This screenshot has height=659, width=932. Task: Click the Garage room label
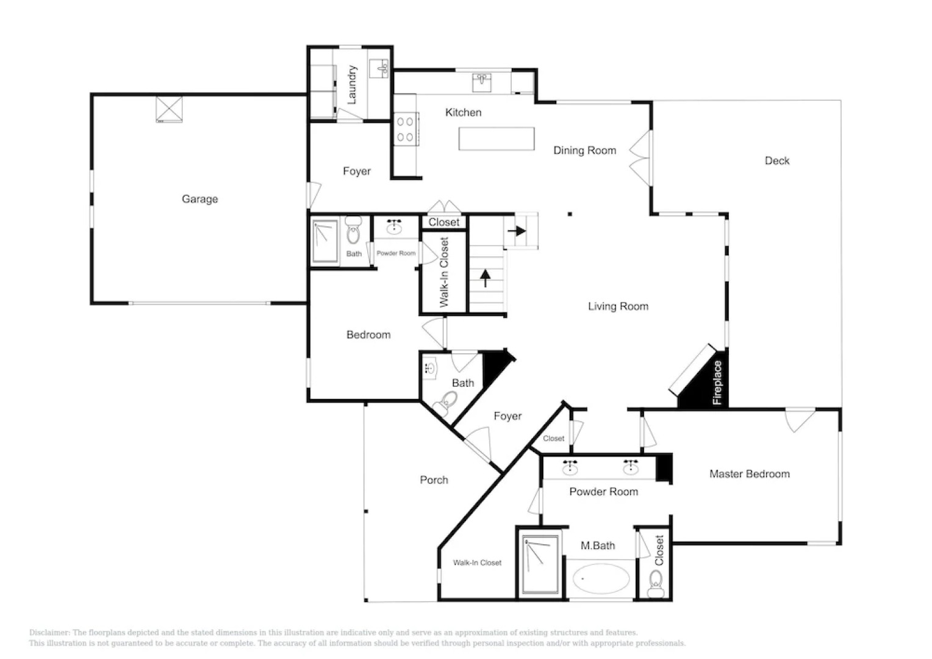coord(199,199)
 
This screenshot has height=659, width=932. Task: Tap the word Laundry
coord(352,85)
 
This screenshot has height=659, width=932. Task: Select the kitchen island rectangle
coord(496,139)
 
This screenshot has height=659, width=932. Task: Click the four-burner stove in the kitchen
coord(405,129)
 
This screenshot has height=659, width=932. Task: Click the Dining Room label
coord(584,150)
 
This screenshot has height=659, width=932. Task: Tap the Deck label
coord(776,160)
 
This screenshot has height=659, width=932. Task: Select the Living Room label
coord(618,306)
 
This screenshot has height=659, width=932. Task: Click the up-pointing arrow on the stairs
coord(486,278)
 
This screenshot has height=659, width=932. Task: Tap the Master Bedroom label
coord(749,474)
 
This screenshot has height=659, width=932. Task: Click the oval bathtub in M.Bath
coord(601,578)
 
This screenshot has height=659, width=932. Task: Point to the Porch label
coord(434,480)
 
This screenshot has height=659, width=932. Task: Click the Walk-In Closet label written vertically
coord(444,272)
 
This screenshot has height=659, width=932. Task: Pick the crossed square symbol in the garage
coord(169,109)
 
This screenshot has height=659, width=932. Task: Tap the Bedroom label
coord(368,334)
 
